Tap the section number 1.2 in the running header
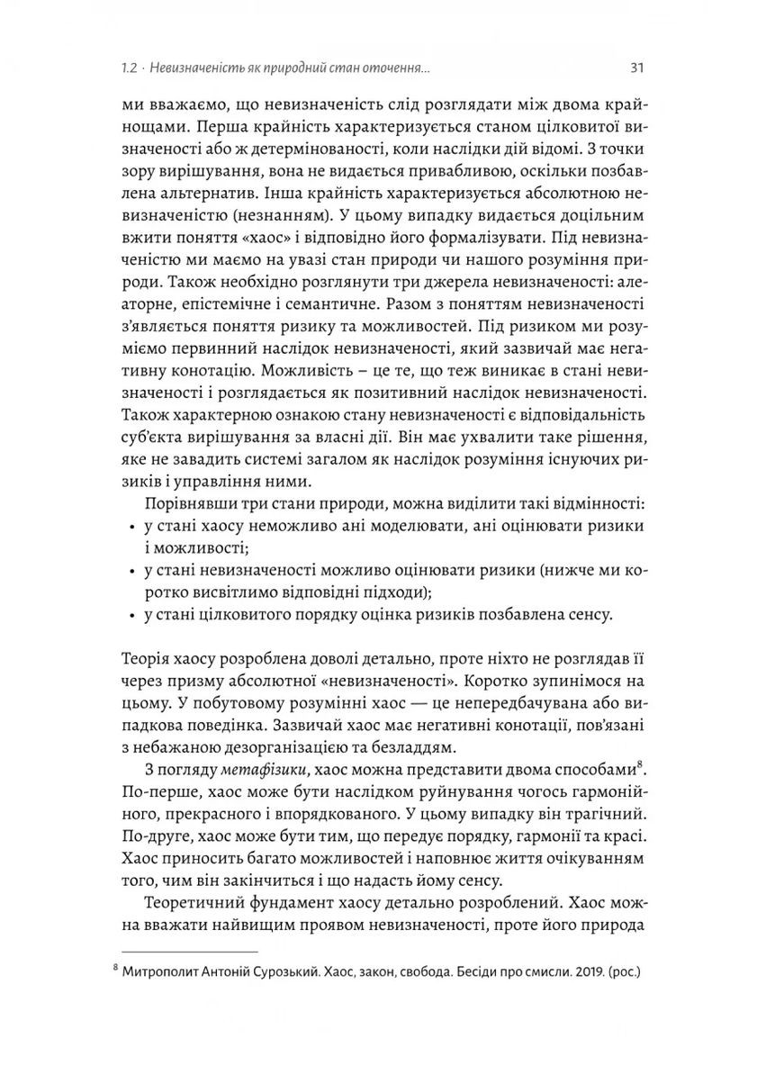pos(129,68)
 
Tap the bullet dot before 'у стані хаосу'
pos(122,523)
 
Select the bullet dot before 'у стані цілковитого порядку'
pos(122,617)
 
